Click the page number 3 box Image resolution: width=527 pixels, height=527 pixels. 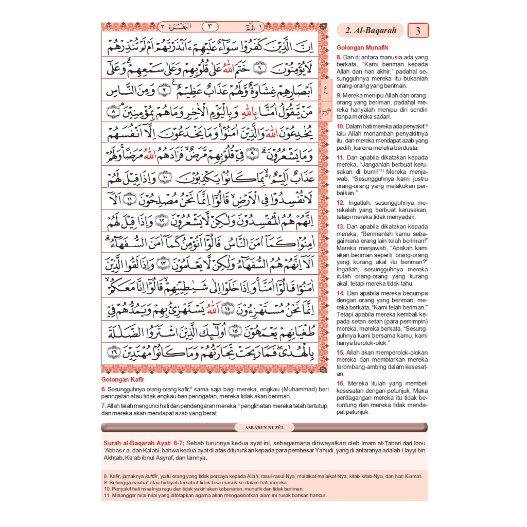[x=418, y=30]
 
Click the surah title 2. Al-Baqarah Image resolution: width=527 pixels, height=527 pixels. [x=371, y=30]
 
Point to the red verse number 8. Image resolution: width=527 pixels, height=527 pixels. [x=339, y=57]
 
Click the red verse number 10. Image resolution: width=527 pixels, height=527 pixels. [x=340, y=126]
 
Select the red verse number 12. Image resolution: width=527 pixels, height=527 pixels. [x=340, y=203]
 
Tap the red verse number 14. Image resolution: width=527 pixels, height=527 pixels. [x=340, y=293]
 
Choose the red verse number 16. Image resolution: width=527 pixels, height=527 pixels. [x=340, y=383]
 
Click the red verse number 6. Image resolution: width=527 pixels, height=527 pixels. [x=103, y=389]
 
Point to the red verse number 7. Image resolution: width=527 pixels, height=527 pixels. [x=103, y=406]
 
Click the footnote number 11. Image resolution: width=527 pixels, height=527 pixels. [x=107, y=496]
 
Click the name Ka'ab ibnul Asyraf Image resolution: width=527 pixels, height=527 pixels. [x=127, y=459]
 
